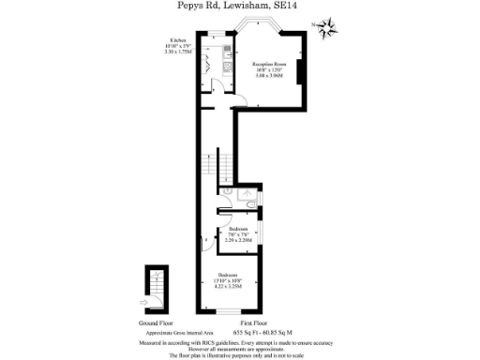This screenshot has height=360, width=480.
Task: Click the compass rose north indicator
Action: (327, 28)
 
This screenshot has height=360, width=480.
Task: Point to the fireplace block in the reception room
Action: (300, 73)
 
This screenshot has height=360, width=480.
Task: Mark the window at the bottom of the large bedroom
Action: (230, 311)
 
